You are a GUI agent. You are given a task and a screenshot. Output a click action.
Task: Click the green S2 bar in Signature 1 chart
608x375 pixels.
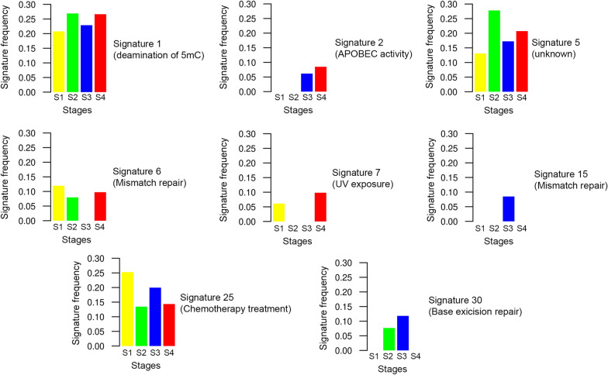[x=72, y=53]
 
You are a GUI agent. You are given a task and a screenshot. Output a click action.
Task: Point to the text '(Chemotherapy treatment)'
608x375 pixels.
[x=235, y=309]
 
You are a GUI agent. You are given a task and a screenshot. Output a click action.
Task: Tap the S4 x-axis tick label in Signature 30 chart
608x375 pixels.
[x=416, y=356]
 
